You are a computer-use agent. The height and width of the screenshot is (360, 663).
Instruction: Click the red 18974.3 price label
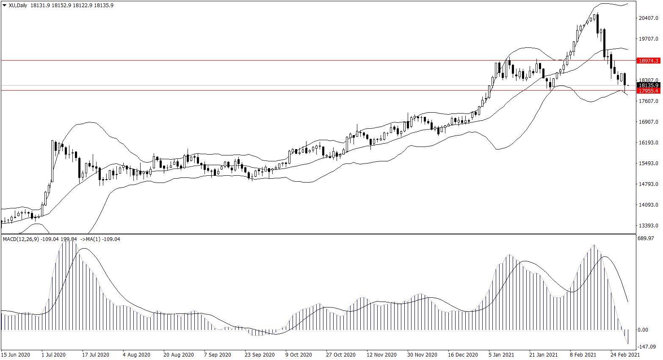pos(648,61)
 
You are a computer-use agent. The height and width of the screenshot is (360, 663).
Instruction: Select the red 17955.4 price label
pos(648,91)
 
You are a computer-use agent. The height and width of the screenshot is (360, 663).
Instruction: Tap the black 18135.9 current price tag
pos(648,85)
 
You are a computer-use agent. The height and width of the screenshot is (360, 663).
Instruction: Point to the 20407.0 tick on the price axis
pos(648,18)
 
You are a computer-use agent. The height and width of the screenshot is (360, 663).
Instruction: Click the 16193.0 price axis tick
pos(648,143)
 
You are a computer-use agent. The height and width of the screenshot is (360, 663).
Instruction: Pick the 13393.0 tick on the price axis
pos(648,226)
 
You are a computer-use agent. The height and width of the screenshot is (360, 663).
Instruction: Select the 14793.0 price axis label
pos(648,184)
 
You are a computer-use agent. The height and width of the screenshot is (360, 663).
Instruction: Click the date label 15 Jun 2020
pos(16,355)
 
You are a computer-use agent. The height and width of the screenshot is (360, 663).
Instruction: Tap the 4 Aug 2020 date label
pos(136,355)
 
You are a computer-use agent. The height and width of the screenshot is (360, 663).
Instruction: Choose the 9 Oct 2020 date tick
pos(298,355)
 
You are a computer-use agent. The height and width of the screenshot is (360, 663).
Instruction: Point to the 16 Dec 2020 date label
pos(463,355)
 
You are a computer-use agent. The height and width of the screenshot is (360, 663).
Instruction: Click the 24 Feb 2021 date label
pos(625,355)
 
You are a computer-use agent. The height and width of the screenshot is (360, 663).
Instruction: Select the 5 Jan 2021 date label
pos(501,355)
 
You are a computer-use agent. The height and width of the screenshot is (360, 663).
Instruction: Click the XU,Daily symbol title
pos(18,6)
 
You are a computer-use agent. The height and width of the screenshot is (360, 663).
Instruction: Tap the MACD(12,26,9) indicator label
pos(21,239)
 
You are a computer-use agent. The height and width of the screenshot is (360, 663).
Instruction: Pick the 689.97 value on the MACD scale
pos(646,239)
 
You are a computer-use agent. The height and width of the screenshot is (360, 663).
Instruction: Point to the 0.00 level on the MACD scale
pos(643,330)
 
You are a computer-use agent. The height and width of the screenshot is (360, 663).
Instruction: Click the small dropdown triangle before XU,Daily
pos(5,6)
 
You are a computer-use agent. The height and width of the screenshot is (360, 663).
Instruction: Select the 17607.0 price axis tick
pos(648,101)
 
